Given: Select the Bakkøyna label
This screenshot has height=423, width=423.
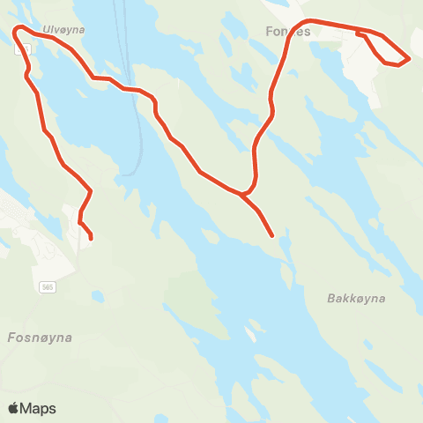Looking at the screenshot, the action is pos(356,299).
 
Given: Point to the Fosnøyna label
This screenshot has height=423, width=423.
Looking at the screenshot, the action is pos(39,338).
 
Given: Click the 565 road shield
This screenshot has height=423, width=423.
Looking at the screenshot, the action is pos(48,287).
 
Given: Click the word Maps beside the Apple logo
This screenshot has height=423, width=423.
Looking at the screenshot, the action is pos(38,408).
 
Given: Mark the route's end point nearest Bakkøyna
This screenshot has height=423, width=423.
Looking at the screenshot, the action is pos(272,235).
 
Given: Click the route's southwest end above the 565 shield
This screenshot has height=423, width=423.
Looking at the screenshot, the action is pos(91,236).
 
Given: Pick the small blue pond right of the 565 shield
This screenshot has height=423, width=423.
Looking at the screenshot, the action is pos(96,296).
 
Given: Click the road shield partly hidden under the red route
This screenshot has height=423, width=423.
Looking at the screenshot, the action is pos(20,50).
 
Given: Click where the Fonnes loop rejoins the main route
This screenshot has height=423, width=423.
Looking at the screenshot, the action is pos(360,33).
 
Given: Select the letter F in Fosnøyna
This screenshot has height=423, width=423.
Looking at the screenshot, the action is pos(11,338).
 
